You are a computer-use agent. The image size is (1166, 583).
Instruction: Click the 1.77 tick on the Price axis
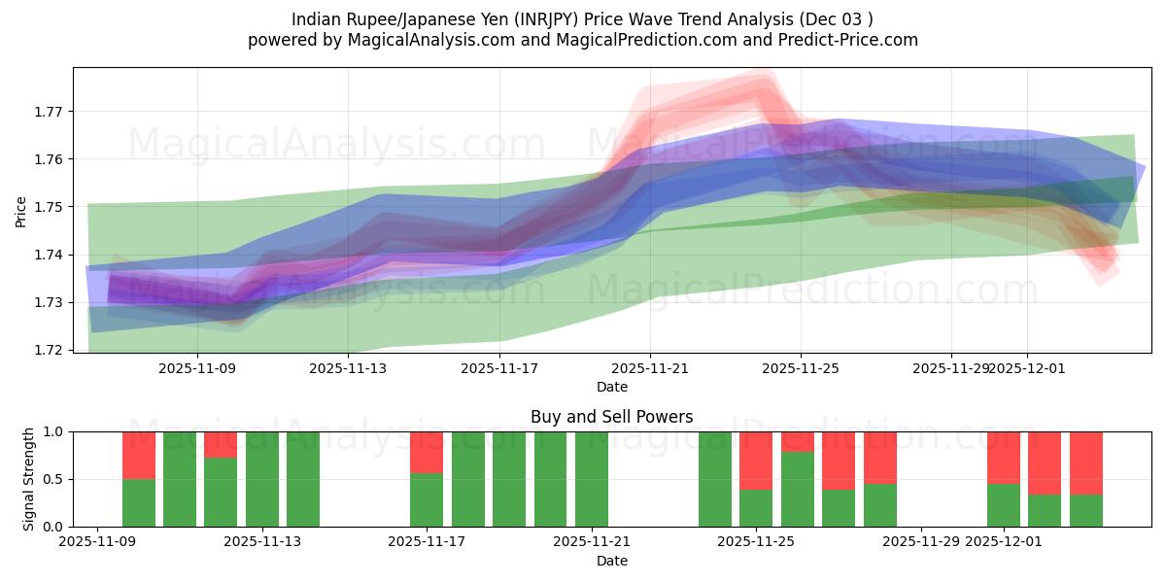point(47,111)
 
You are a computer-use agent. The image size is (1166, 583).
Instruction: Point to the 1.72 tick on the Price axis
point(47,350)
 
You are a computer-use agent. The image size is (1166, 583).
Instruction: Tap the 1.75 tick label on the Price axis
point(47,207)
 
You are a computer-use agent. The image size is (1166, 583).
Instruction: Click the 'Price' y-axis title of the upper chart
point(21,211)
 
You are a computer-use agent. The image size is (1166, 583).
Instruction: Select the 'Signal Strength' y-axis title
point(29,478)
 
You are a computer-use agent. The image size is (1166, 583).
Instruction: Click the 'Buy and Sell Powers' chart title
point(611,417)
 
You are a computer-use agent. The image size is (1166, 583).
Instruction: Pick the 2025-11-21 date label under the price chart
point(650,369)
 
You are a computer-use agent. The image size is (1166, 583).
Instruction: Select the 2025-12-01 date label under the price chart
point(1027,369)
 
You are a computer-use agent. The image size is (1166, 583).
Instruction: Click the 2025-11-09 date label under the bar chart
point(97,542)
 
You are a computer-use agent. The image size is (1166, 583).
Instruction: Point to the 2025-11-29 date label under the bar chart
point(920,542)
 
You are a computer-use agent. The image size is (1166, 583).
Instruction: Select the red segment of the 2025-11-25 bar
point(756,460)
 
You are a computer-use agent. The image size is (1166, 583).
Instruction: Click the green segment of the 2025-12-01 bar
point(1004,505)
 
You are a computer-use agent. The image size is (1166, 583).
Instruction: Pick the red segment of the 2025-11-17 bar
point(427,452)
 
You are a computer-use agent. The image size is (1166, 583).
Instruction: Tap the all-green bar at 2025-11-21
point(592,479)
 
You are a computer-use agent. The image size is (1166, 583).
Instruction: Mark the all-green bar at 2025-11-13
point(262,479)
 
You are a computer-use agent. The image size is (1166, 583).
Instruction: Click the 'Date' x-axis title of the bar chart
point(611,561)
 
